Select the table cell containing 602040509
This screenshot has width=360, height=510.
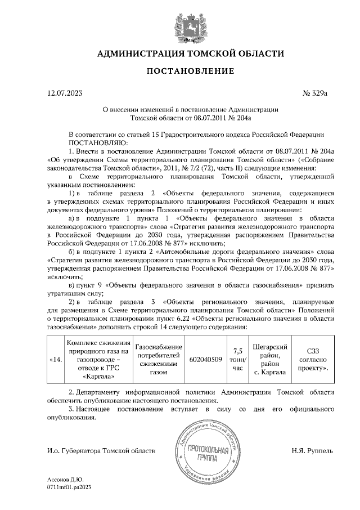click(205, 359)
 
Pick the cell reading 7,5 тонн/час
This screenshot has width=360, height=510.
click(237, 359)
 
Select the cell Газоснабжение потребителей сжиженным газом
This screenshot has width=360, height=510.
click(159, 359)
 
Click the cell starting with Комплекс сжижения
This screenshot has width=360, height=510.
click(97, 359)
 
